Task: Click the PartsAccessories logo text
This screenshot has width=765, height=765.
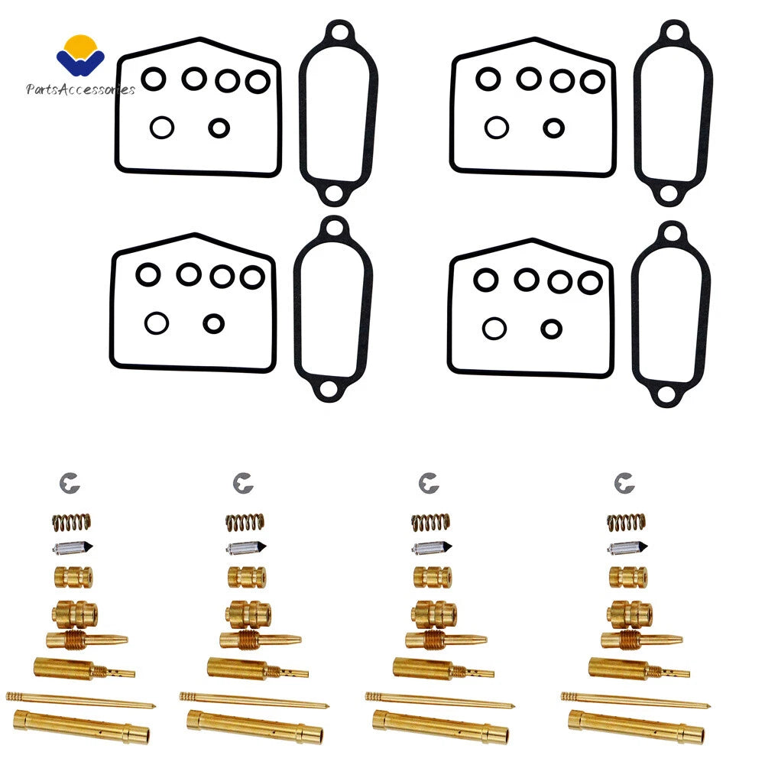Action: click(80, 89)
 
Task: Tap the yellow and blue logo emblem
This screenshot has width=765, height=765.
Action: click(80, 56)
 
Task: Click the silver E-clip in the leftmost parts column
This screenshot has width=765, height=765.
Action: click(69, 483)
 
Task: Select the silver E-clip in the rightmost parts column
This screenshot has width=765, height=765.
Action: click(624, 483)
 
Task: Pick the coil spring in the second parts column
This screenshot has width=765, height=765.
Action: click(245, 523)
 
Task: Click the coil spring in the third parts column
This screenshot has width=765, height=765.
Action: click(430, 523)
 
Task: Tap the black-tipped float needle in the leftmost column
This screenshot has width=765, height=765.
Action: click(72, 548)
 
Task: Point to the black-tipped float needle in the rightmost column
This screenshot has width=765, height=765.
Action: click(627, 548)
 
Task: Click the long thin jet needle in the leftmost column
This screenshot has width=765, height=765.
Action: click(80, 700)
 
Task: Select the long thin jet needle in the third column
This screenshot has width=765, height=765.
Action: click(440, 700)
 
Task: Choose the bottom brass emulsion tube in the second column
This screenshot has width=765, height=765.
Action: click(254, 727)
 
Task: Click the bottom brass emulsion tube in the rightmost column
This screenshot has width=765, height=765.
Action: click(636, 727)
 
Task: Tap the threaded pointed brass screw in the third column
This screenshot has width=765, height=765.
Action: click(446, 640)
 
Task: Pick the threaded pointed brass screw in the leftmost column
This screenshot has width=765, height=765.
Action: click(87, 640)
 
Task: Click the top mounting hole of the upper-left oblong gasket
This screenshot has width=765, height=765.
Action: click(339, 33)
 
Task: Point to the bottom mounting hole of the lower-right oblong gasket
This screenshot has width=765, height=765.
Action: click(667, 394)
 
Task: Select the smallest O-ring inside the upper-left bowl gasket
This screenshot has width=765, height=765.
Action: click(219, 128)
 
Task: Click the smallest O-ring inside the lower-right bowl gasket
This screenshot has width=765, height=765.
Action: click(551, 329)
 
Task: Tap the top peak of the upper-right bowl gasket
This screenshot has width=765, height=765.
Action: click(533, 38)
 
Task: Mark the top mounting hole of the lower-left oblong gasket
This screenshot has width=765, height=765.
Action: click(334, 228)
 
